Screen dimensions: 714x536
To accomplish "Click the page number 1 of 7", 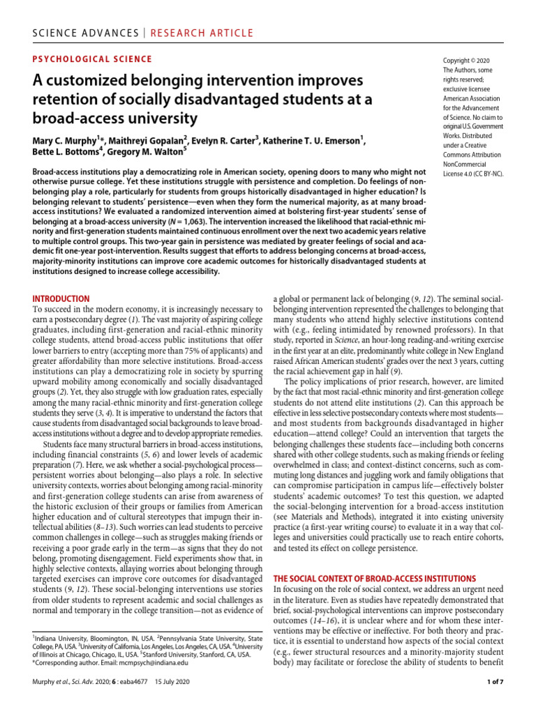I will pos(489,701).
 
